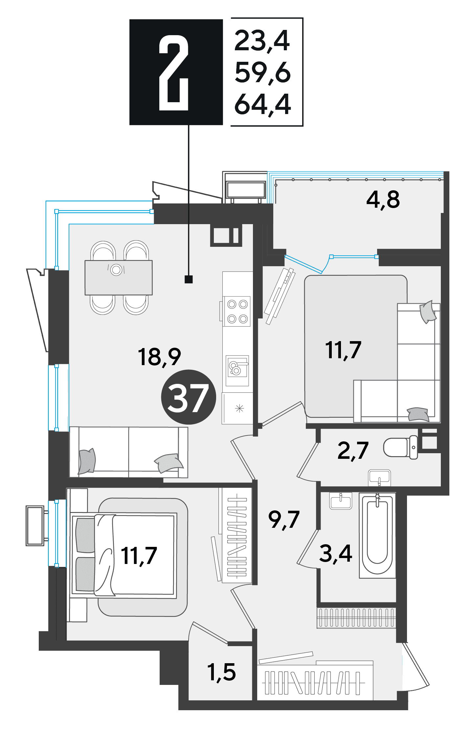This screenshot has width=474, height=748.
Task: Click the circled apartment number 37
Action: (x=188, y=397)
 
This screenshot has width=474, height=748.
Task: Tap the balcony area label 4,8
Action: (x=383, y=199)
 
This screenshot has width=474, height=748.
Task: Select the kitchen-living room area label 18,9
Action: (x=159, y=357)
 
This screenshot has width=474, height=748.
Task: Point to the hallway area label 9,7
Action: (x=284, y=520)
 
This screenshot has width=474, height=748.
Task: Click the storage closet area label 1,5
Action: (x=222, y=672)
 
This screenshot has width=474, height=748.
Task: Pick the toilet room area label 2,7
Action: (x=353, y=451)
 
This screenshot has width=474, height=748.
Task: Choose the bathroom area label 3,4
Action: (x=336, y=553)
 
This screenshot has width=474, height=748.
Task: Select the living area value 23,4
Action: (x=262, y=41)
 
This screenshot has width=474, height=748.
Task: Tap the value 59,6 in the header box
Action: (x=263, y=73)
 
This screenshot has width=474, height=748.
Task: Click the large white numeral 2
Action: (x=174, y=73)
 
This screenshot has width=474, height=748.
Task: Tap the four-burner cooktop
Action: (x=237, y=311)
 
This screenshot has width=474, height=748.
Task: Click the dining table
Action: (x=119, y=278)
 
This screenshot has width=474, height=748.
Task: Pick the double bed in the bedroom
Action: (x=124, y=555)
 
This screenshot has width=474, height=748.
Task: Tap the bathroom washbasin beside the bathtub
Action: (x=341, y=501)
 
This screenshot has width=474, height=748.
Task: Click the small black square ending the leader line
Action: (x=189, y=279)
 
